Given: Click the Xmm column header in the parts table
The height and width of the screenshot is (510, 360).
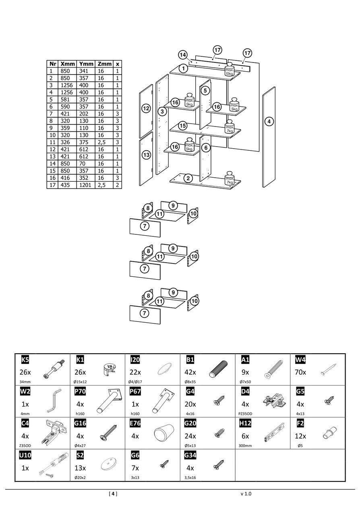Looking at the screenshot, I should point(68,64).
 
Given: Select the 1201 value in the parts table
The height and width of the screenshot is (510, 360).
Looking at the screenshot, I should point(85,185).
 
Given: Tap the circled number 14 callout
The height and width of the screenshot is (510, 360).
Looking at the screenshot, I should point(183,54).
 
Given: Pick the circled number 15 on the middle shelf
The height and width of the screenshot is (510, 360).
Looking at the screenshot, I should point(183,126).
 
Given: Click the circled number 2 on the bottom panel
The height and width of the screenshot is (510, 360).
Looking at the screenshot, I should point(188,178).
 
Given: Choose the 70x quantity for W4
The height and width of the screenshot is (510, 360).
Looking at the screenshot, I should point(300,372).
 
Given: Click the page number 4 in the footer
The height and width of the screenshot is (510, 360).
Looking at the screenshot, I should point(113,493).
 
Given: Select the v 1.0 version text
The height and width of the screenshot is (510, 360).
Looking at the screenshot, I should point(245,493).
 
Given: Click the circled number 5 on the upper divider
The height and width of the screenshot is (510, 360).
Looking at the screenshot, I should point(205,90).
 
